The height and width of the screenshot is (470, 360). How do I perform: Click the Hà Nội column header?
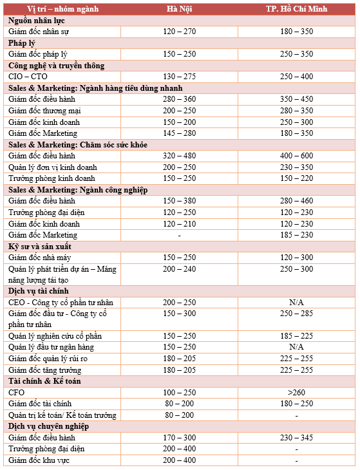(179, 8)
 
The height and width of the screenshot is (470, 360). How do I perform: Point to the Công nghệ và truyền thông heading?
(56, 66)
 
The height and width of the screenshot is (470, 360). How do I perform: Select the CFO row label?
(17, 392)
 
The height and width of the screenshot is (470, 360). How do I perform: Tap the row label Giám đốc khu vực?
(39, 460)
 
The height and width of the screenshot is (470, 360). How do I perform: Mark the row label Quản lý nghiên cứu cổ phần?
(55, 336)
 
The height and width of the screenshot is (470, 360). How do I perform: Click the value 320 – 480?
(179, 156)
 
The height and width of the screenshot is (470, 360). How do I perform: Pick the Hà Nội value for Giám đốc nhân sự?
(179, 31)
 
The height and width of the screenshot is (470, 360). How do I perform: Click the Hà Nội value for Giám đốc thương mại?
(179, 111)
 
